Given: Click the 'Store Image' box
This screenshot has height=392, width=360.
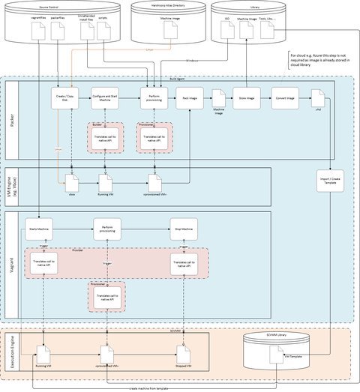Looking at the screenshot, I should tap(245, 98).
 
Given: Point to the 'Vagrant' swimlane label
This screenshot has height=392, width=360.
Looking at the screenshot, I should tap(12, 266).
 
